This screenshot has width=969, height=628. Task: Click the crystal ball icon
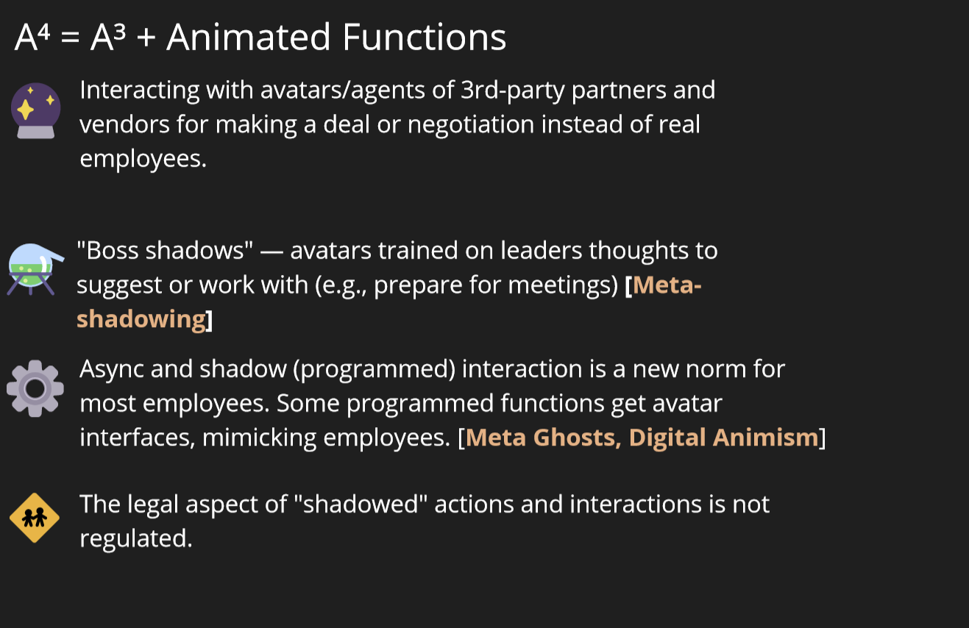tap(36, 110)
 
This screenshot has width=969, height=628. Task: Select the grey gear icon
tap(35, 388)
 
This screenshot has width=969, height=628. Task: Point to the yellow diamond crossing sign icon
tap(35, 518)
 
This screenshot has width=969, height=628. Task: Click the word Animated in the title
tap(249, 38)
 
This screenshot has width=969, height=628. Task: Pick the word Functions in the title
tap(424, 38)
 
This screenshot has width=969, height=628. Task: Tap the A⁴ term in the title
tap(32, 38)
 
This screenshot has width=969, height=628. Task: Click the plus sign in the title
tap(146, 38)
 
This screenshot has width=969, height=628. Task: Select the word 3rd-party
tap(513, 90)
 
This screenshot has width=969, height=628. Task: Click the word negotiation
tap(471, 124)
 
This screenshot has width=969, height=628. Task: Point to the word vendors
tap(124, 125)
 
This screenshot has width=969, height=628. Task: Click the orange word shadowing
tap(141, 320)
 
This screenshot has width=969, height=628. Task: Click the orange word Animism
tap(766, 438)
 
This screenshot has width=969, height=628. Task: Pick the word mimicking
tap(259, 438)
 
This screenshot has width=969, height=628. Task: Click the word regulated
tap(136, 539)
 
